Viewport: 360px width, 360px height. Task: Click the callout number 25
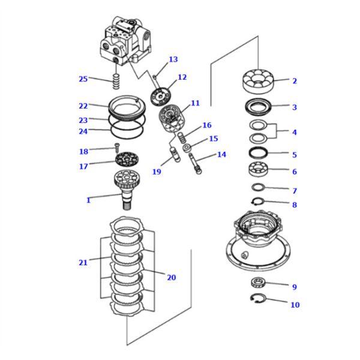pyautogui.click(x=83, y=79)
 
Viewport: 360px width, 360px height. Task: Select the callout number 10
pyautogui.click(x=295, y=305)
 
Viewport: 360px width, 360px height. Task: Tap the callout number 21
pyautogui.click(x=83, y=262)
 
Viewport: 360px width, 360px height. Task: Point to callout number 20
pyautogui.click(x=172, y=277)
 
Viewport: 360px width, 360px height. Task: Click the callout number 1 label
pyautogui.click(x=88, y=200)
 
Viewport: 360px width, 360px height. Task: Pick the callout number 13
pyautogui.click(x=173, y=59)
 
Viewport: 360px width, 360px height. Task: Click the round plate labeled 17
pyautogui.click(x=127, y=159)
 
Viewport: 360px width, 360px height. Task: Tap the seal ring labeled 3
pyautogui.click(x=259, y=108)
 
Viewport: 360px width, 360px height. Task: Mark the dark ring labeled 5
pyautogui.click(x=259, y=152)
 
